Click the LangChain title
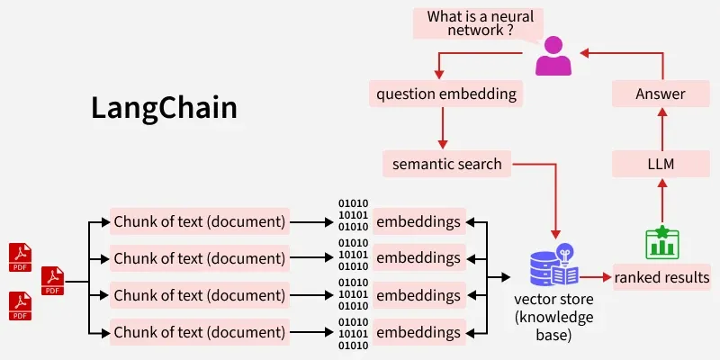click(x=164, y=108)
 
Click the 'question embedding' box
click(x=446, y=94)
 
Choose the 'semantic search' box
click(x=446, y=164)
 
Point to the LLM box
click(x=661, y=164)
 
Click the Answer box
click(x=661, y=94)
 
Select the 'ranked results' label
click(x=662, y=278)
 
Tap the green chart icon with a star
click(x=662, y=241)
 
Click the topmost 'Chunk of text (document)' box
click(x=200, y=221)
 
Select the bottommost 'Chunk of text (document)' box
click(x=200, y=332)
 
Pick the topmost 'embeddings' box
click(x=418, y=221)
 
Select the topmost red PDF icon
click(x=21, y=256)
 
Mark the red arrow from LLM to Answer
click(x=661, y=129)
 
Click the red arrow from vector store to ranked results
click(x=594, y=278)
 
